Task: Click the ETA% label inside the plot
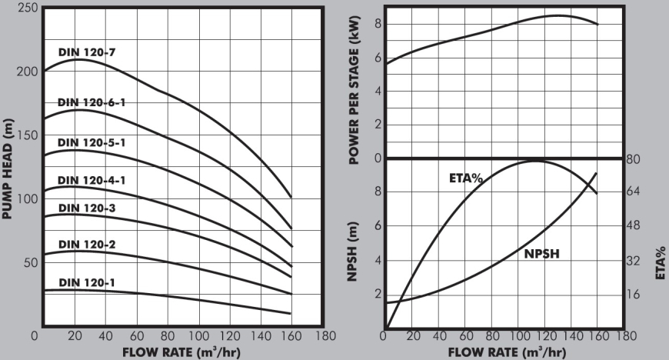[465, 178]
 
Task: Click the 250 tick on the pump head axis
[25, 7]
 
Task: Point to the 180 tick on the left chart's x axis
[325, 336]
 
